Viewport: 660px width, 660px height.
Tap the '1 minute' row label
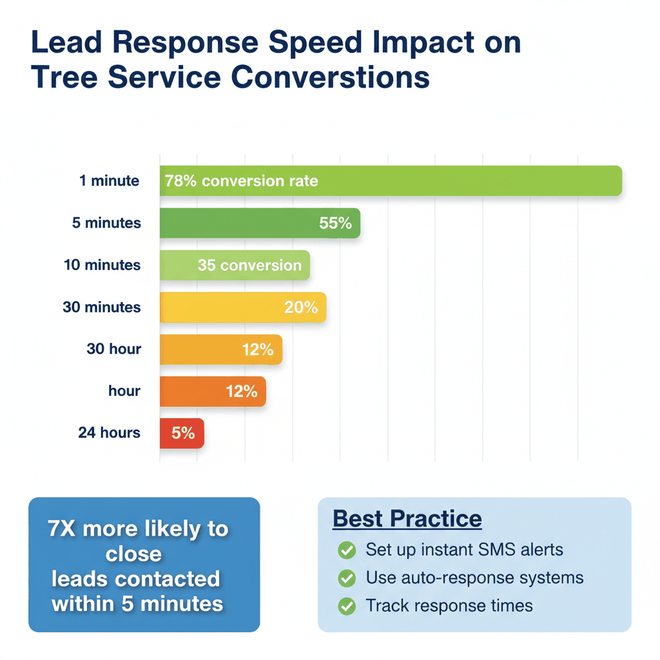109,180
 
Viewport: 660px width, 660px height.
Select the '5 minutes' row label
106,223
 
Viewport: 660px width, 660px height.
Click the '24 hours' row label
109,432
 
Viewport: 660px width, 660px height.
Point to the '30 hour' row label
113,349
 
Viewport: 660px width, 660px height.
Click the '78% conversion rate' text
241,181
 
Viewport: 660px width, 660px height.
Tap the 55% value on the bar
335,223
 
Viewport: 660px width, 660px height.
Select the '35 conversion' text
249,265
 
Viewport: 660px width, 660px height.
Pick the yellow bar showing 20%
242,307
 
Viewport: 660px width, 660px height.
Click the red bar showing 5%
182,433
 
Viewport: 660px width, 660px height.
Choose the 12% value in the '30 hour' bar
258,349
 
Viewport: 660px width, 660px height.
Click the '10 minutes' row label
102,265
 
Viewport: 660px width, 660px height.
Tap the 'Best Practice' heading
407,519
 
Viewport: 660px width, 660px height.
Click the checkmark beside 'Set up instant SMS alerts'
347,550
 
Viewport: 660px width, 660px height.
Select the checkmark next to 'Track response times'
347,607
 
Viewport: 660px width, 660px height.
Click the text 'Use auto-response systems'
474,578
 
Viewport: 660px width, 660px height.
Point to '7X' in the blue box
62,529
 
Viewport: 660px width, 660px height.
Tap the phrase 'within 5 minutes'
137,604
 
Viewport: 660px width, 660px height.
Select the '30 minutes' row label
101,307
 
